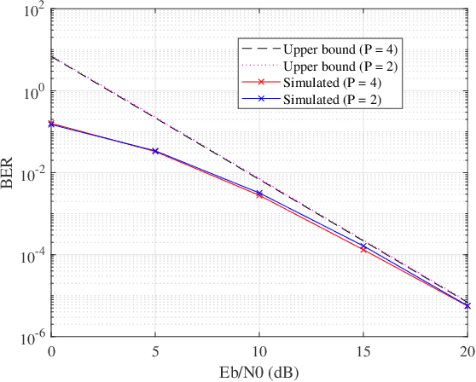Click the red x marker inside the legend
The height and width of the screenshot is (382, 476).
click(x=259, y=83)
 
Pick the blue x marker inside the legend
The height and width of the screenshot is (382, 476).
click(x=259, y=100)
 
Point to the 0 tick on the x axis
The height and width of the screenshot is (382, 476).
click(x=52, y=351)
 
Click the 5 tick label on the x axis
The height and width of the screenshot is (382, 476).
click(x=156, y=351)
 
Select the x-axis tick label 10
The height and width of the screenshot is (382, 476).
click(x=259, y=351)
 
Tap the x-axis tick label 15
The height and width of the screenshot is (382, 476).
click(x=363, y=351)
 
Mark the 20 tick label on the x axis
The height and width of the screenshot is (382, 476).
click(x=467, y=351)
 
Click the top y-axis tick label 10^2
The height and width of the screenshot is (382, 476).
click(x=35, y=11)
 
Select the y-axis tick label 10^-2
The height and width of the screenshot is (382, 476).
click(x=33, y=174)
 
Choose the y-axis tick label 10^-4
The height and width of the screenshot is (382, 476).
click(x=33, y=256)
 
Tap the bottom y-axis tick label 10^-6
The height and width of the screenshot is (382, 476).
click(x=33, y=338)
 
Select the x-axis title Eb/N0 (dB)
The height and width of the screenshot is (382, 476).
click(x=259, y=372)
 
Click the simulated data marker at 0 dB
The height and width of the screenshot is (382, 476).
click(x=52, y=124)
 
